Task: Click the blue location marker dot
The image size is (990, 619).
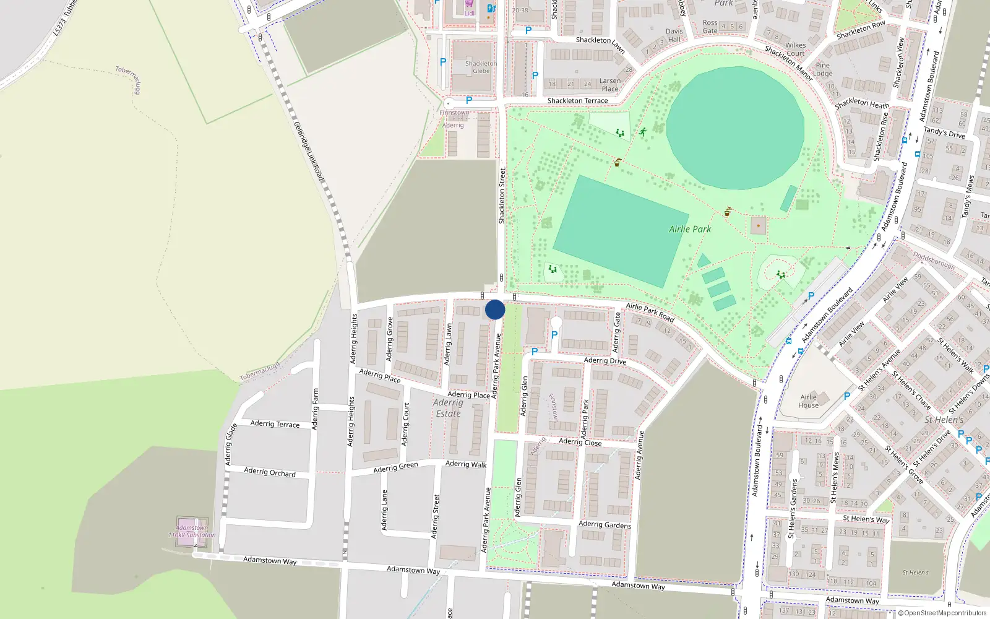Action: click(495, 309)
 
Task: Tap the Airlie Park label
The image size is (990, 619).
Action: click(690, 229)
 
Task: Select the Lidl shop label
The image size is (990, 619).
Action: click(470, 13)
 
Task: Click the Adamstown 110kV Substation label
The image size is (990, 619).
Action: click(192, 532)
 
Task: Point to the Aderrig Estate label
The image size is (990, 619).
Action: click(448, 408)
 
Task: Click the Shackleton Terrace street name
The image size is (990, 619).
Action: click(577, 100)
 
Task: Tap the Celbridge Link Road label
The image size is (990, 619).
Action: click(309, 152)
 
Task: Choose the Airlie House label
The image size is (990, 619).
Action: click(808, 401)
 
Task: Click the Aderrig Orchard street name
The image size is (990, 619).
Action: click(270, 472)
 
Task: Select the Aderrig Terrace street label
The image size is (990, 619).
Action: click(275, 424)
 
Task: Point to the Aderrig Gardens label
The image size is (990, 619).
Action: click(605, 525)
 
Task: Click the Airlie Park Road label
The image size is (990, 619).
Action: click(650, 311)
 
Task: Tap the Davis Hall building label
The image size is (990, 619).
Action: click(674, 35)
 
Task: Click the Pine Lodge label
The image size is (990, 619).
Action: click(822, 69)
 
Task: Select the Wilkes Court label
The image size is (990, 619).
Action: click(795, 49)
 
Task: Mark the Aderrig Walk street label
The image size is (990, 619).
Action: click(466, 464)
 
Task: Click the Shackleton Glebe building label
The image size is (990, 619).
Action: click(481, 67)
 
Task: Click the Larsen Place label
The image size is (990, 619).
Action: click(609, 85)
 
